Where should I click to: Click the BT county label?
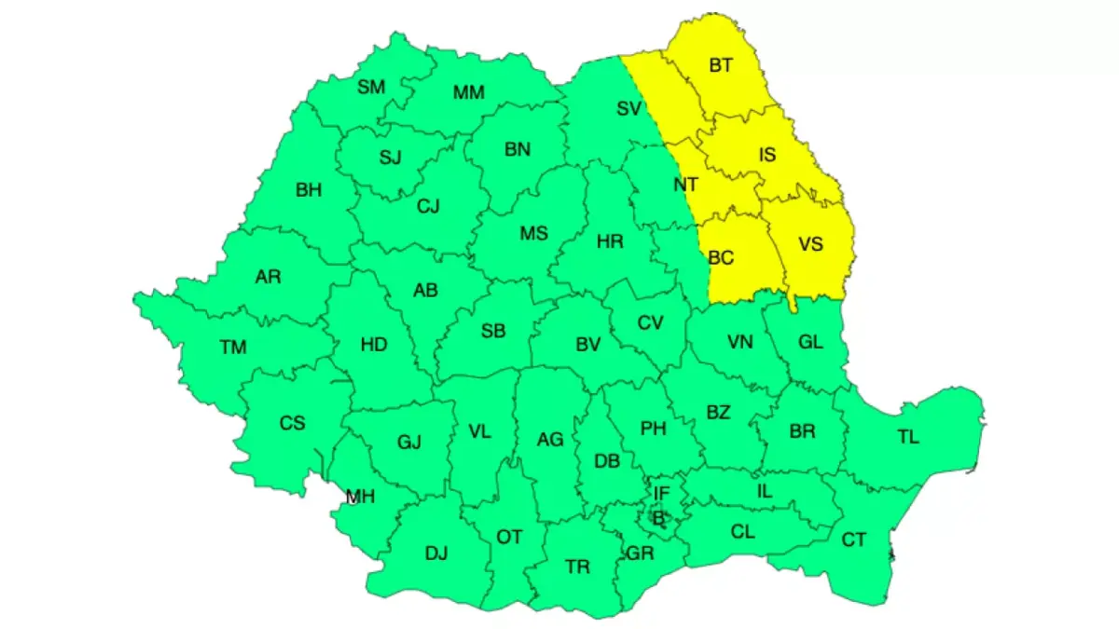pos(721,65)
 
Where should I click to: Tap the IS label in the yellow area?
pos(767,156)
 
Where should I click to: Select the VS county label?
pos(811,244)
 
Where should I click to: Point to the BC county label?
pos(721,258)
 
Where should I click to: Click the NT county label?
pos(685,185)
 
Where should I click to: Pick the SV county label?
pos(629,108)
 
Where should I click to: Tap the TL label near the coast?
pos(907,436)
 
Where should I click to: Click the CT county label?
pos(853,540)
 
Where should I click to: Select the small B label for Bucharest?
pos(657,516)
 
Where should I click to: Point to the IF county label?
pos(661,493)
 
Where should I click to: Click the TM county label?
pos(233,348)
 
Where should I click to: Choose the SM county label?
pos(371,87)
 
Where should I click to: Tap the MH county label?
pos(360,497)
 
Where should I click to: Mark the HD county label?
pos(373,345)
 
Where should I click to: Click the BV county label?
pos(587,345)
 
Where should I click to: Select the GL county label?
pos(811,342)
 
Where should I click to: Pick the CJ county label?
pos(428,206)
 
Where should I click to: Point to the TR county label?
pos(577,566)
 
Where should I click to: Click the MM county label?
pos(468,92)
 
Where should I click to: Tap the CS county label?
pos(292,423)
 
